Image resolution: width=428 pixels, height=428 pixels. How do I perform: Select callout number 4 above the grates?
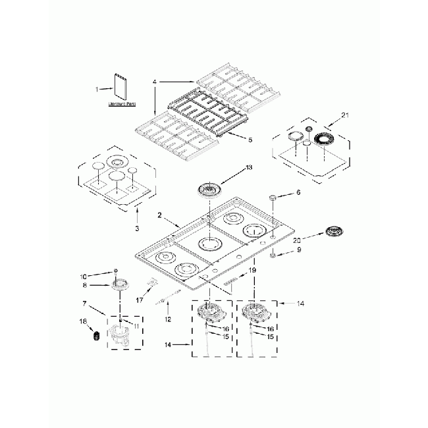click(x=155, y=82)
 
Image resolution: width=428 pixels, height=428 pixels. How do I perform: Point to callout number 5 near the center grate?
click(x=231, y=140)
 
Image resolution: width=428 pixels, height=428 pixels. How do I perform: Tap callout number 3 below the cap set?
click(x=136, y=228)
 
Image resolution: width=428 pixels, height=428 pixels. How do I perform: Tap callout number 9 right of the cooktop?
click(x=298, y=250)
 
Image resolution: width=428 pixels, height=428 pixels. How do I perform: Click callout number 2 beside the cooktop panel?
click(x=159, y=215)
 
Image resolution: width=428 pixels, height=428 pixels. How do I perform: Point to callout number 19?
click(x=252, y=271)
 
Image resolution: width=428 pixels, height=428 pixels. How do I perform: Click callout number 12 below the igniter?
click(x=167, y=319)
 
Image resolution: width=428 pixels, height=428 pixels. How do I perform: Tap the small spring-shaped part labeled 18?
click(x=97, y=336)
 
